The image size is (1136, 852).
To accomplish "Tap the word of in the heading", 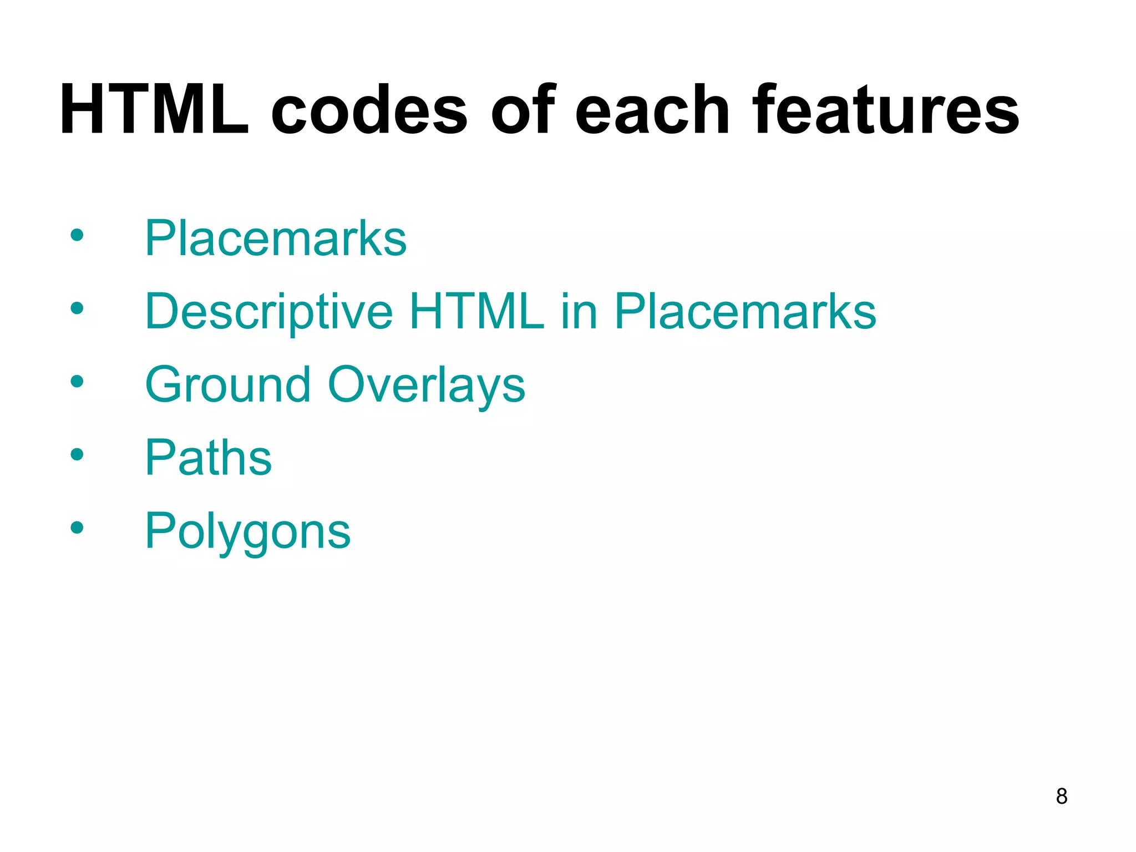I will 523,110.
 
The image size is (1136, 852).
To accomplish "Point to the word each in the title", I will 652,110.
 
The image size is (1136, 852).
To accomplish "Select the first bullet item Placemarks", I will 276,238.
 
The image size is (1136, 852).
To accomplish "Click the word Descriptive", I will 269,312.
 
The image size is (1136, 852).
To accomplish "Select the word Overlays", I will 426,386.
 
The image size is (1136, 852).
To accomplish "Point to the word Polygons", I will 248,532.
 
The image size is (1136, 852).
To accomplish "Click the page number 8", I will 1062,796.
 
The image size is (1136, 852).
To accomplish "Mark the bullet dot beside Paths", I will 77,455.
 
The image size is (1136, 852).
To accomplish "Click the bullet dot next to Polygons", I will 77,528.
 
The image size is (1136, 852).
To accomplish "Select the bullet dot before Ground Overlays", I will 77,382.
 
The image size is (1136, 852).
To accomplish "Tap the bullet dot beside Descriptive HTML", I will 77,308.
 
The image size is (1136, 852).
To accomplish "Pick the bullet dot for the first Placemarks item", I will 77,235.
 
